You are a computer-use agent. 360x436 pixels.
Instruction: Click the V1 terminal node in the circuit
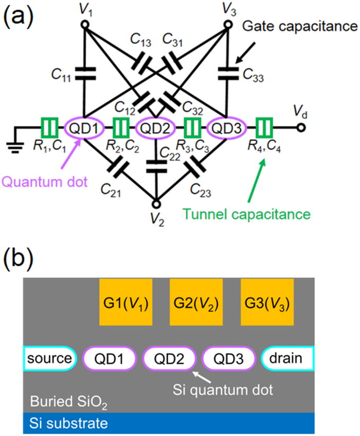(84, 25)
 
